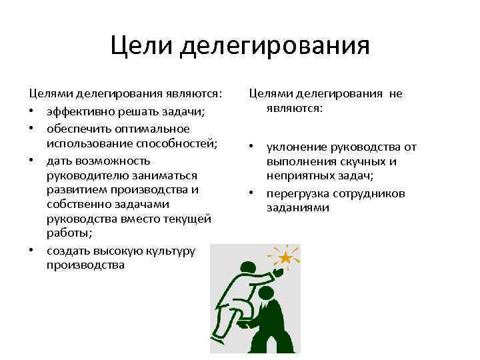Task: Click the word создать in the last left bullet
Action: (67, 250)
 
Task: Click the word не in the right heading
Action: (395, 94)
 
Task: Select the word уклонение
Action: (296, 147)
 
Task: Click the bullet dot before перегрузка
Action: (252, 193)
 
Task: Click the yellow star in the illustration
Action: (285, 257)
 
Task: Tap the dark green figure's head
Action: (265, 293)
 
